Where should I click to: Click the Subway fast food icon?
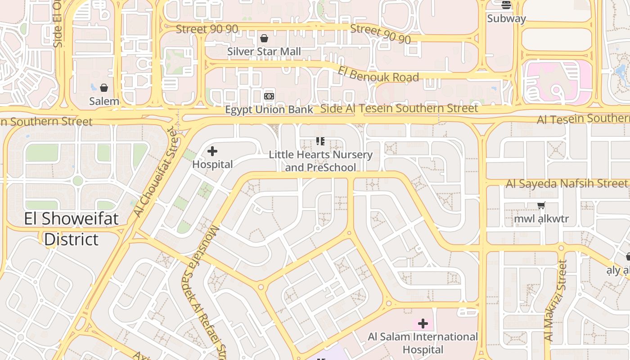506,5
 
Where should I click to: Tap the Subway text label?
506,18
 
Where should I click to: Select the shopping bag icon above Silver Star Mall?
264,39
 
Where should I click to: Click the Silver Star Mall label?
264,52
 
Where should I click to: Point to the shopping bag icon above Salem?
104,88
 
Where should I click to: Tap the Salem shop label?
104,101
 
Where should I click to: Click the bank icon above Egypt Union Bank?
269,96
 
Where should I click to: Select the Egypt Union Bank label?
269,110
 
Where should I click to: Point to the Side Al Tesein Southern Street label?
399,108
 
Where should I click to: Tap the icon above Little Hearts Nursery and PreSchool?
320,142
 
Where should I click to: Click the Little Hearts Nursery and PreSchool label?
320,161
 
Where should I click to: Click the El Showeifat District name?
71,229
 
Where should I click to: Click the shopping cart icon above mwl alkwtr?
541,206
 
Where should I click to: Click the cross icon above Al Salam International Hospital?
423,324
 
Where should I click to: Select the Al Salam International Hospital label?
423,343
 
